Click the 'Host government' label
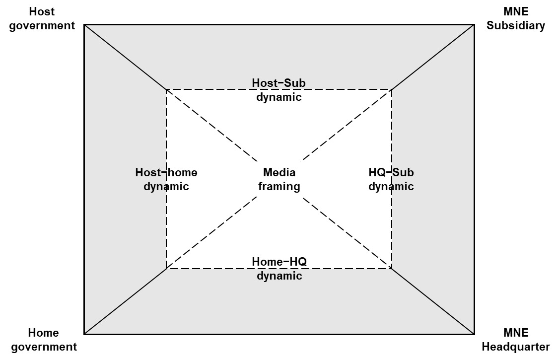click(42, 18)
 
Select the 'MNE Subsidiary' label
click(515, 18)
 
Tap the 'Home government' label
click(44, 340)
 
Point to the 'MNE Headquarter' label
click(515, 340)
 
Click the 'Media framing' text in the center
click(279, 179)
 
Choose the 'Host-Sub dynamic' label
click(279, 90)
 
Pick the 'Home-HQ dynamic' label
click(279, 269)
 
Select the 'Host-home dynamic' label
click(166, 179)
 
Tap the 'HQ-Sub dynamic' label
click(391, 179)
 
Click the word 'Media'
click(279, 172)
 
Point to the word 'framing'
click(279, 187)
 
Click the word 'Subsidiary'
click(515, 26)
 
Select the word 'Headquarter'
click(515, 347)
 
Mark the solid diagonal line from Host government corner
click(125, 57)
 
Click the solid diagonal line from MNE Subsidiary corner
click(433, 57)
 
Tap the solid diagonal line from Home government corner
click(125, 301)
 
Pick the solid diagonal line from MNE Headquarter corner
click(433, 301)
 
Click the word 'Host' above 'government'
click(42, 11)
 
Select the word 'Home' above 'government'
click(44, 333)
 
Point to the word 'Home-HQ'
click(279, 262)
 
